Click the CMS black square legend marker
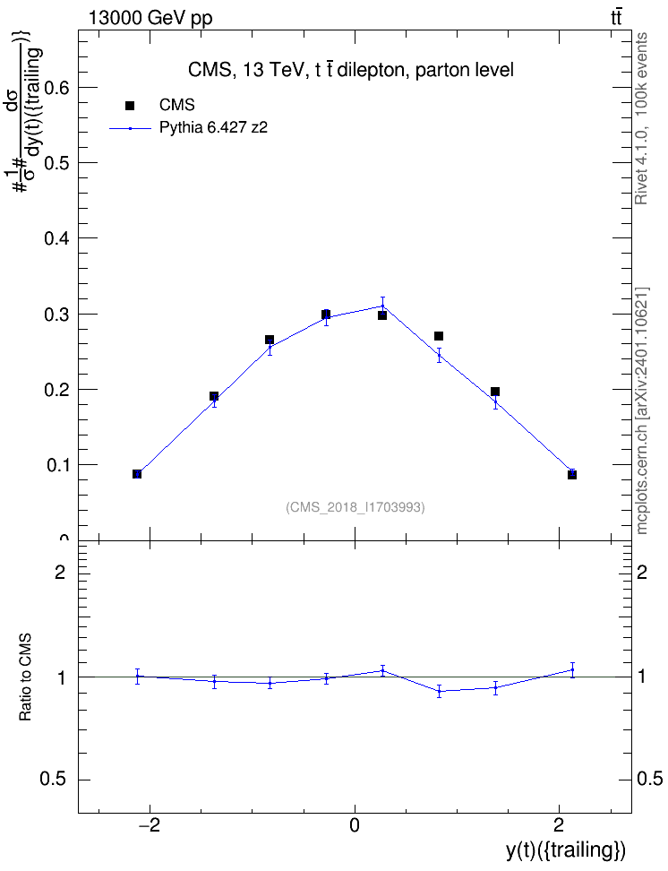point(130,106)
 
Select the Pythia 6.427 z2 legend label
point(213,128)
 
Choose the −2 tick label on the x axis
point(149,825)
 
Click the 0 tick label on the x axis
point(355,825)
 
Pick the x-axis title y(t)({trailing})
point(566,849)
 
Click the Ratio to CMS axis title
point(25,677)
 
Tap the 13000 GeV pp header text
point(150,19)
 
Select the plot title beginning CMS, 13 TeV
point(351,70)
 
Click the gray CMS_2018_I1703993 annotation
point(355,507)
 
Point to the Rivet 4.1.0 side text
point(641,118)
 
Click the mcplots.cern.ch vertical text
point(641,411)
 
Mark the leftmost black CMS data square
point(137,474)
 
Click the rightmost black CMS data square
point(572,474)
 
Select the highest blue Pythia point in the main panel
point(382,306)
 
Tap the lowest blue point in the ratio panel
point(440,691)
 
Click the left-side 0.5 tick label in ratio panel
point(53,780)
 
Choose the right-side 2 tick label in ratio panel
point(642,572)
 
